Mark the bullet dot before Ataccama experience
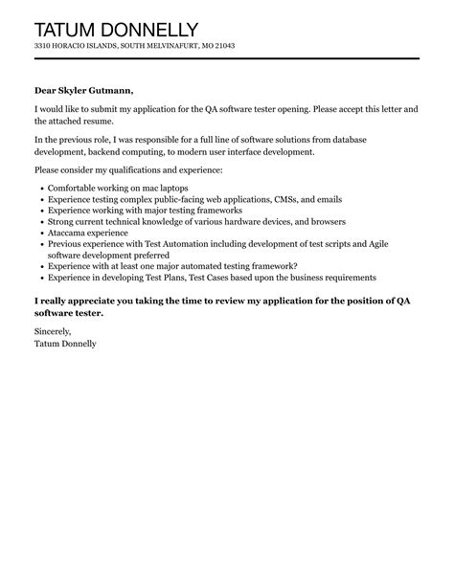pos(40,233)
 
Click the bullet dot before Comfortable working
pos(40,187)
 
